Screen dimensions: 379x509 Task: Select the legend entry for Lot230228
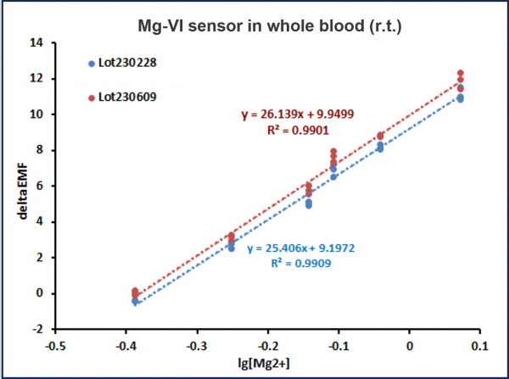126,63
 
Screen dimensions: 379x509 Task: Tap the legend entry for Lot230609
126,98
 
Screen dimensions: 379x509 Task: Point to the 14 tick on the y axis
39,42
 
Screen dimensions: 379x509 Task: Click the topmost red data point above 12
461,74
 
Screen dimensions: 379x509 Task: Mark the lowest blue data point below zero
135,301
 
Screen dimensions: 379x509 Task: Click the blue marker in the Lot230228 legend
91,63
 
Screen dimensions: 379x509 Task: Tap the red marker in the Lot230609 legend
91,98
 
